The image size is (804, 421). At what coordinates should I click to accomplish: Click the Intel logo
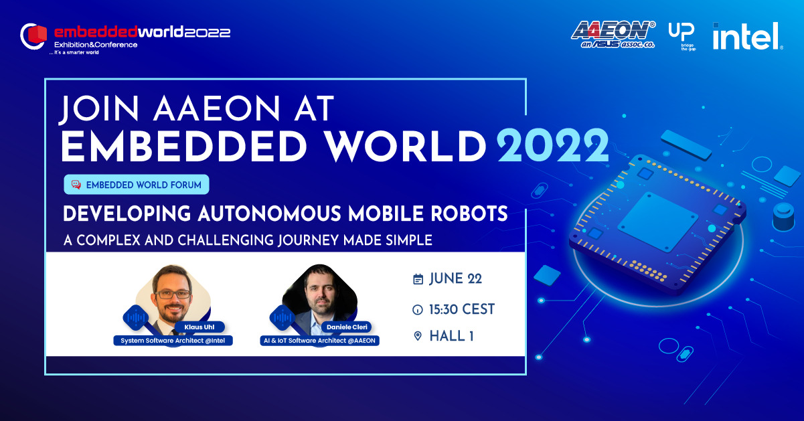tap(747, 36)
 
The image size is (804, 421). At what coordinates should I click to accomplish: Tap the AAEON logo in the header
tap(613, 34)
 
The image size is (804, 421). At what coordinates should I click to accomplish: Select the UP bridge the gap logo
tap(682, 36)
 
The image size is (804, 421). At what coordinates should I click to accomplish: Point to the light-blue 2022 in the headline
tap(553, 146)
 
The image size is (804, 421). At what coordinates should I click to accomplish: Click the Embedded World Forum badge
tap(137, 185)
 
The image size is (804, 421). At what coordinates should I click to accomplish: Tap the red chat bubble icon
tap(76, 185)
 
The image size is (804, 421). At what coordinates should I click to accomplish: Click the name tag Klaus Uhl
tap(199, 327)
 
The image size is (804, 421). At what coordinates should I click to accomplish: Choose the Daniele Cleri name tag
tap(347, 327)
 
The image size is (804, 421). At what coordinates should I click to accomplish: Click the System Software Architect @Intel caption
tap(173, 341)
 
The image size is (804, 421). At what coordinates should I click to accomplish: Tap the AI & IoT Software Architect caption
tap(319, 341)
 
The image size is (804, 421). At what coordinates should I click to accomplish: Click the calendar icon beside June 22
tap(418, 279)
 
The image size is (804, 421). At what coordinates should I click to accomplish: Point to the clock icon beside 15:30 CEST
tap(418, 309)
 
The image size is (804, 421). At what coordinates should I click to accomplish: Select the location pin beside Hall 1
tap(418, 336)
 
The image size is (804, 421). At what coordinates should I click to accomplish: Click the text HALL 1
tap(451, 336)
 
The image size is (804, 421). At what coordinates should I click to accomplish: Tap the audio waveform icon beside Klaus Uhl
tap(136, 318)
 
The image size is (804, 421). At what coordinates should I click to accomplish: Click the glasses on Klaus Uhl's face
tap(173, 294)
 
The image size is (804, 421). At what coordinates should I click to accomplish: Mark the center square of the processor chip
tap(657, 222)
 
